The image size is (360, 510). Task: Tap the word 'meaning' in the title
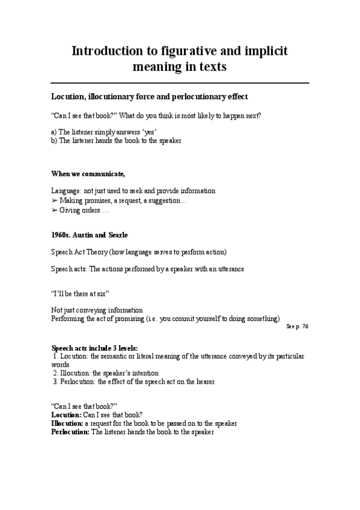[x=156, y=67]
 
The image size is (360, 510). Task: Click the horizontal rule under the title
[x=180, y=82]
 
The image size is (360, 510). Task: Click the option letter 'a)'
[x=54, y=132]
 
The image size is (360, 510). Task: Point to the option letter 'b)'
[x=54, y=140]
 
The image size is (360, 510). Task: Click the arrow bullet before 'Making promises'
[x=55, y=200]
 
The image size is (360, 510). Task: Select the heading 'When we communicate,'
[x=88, y=174]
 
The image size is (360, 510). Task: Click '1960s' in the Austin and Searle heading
[x=61, y=234]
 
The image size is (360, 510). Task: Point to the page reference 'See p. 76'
[x=297, y=326]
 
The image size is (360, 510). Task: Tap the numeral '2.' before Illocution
[x=55, y=373]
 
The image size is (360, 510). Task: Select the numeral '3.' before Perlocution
[x=55, y=381]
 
